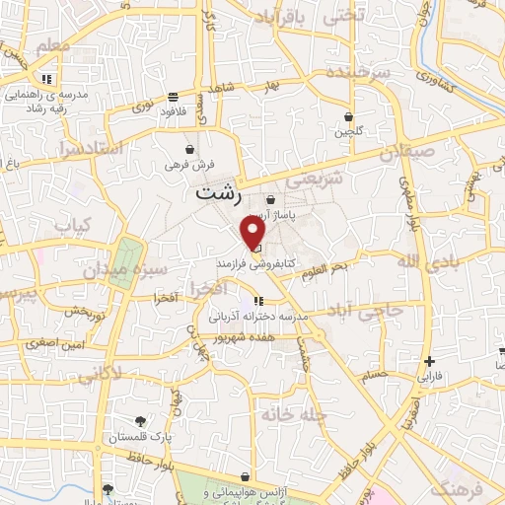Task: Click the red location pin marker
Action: [253, 233]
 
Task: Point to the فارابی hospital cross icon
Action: [428, 361]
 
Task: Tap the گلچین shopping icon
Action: [349, 116]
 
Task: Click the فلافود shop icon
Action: [174, 97]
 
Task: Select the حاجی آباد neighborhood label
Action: [368, 310]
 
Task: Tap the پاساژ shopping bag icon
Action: [269, 200]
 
